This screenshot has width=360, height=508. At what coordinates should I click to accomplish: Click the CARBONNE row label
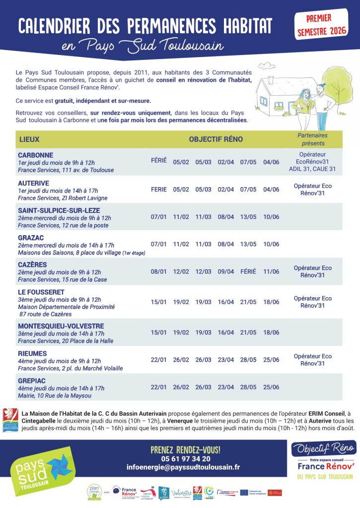coord(35,155)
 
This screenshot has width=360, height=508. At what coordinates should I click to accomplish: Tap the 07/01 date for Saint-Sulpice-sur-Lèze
coord(159,217)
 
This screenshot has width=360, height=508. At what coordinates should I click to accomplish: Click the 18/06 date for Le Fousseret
coord(271,302)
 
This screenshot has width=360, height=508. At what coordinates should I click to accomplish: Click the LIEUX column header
coord(29,139)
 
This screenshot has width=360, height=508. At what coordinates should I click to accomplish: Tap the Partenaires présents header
coord(312,139)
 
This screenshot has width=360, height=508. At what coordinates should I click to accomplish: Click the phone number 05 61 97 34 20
coord(185,459)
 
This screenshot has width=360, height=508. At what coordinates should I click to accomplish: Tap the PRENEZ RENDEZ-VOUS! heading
coord(185,450)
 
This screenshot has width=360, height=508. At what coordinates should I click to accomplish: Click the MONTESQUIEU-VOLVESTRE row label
coord(61,326)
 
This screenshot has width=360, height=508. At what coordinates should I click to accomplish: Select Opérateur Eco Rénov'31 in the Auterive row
coord(312,190)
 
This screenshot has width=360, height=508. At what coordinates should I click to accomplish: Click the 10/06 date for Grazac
coord(271,244)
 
